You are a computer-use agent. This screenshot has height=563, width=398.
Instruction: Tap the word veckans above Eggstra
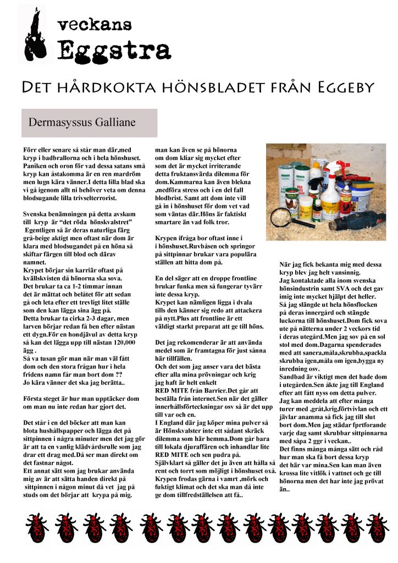coord(95,24)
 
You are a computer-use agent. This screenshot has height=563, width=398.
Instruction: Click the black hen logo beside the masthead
coord(35,34)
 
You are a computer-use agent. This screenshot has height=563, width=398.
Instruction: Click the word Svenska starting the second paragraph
coord(36,213)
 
